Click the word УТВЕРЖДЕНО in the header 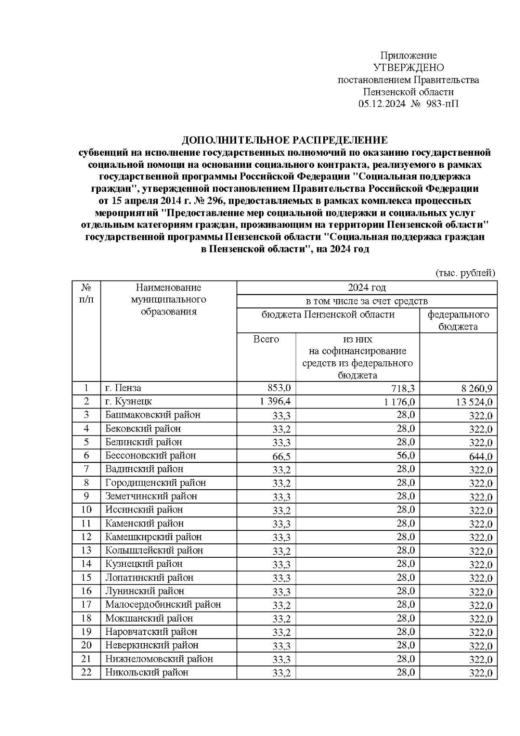click(x=408, y=68)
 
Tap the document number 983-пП click(x=442, y=104)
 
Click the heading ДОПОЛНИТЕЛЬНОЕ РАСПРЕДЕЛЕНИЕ click(x=285, y=141)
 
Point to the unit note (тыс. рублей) click(x=465, y=273)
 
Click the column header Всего click(x=266, y=339)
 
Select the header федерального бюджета click(x=458, y=321)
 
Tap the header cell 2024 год click(x=367, y=288)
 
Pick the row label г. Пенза click(x=123, y=388)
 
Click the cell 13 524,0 click(x=474, y=402)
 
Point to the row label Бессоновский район click(x=150, y=455)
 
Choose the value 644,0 click(x=481, y=456)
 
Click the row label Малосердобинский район click(x=163, y=605)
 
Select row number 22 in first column click(x=86, y=672)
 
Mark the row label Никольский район click(x=147, y=672)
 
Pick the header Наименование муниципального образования click(x=169, y=299)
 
